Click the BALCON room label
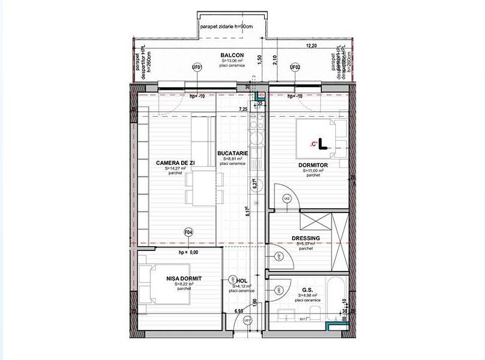[231, 55]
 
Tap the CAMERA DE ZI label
[175, 163]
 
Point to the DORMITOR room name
[313, 165]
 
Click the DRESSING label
[306, 238]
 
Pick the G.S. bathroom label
[307, 290]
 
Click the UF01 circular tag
[196, 67]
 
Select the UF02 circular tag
[295, 67]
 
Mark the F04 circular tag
[188, 231]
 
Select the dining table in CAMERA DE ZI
[198, 179]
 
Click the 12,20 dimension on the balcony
[311, 46]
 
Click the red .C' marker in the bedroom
[313, 144]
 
